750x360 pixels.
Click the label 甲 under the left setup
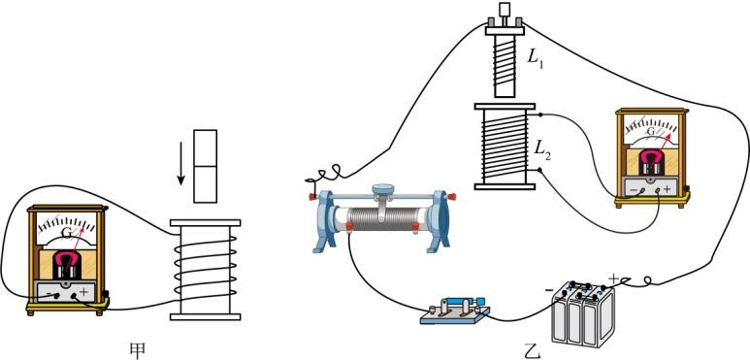[138, 350]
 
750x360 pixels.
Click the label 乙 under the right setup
[532, 351]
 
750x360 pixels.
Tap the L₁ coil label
[536, 58]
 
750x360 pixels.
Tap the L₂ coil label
[543, 150]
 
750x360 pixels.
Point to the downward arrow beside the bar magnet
[180, 164]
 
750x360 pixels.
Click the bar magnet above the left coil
[205, 166]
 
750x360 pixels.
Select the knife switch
[455, 311]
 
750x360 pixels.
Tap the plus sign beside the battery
[613, 278]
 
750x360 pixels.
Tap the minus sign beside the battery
[549, 290]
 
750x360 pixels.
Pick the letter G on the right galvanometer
[650, 131]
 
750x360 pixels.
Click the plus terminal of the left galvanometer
[74, 296]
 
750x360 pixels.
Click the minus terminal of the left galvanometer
[57, 295]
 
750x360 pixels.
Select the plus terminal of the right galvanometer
[658, 190]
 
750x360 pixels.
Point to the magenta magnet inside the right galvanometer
[650, 159]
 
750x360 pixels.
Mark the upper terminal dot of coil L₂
[540, 115]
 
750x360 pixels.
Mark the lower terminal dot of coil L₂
[540, 170]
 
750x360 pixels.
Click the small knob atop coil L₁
[505, 9]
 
